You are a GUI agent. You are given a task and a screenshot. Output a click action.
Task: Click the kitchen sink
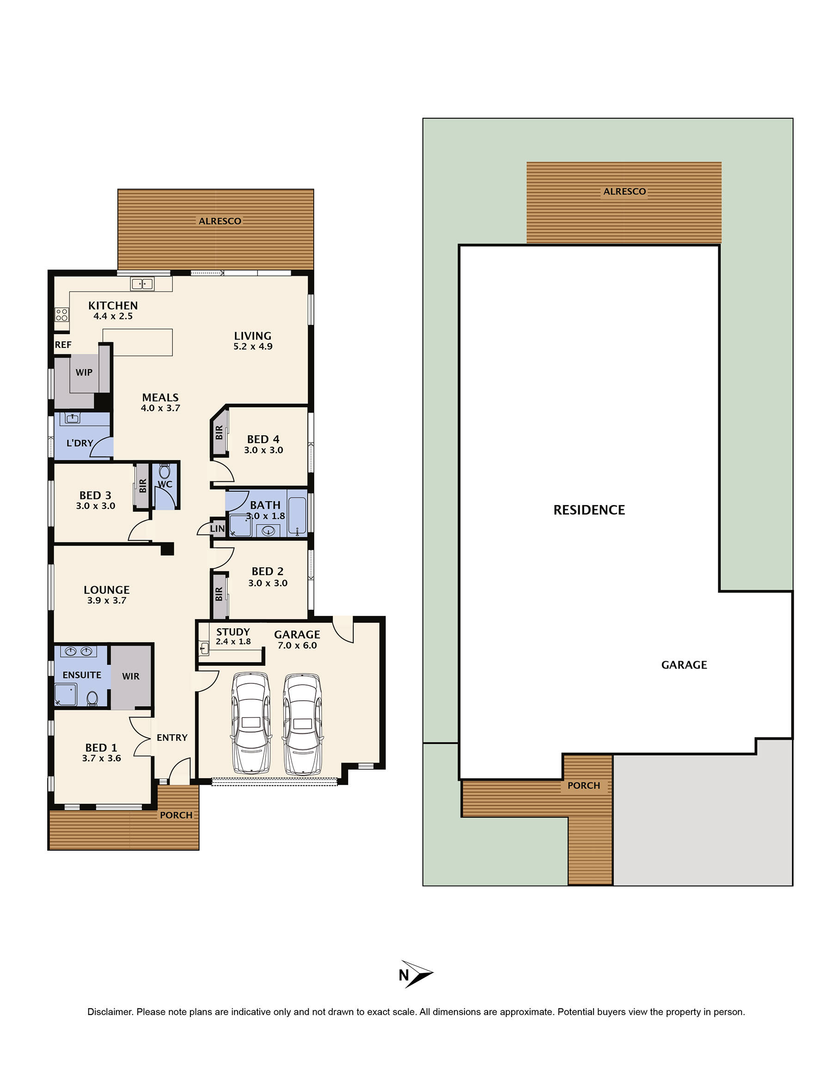(x=142, y=284)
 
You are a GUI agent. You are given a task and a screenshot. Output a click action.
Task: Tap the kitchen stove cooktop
(x=61, y=314)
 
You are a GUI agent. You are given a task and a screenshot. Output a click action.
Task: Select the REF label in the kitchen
(x=63, y=345)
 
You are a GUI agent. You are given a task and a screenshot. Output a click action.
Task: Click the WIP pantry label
(x=84, y=372)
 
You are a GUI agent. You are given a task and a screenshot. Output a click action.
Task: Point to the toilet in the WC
(x=165, y=472)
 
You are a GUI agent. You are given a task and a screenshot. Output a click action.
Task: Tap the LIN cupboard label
(x=217, y=529)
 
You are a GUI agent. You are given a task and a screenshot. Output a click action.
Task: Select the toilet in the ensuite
(x=92, y=698)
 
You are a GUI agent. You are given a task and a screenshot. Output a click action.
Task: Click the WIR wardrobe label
(x=131, y=676)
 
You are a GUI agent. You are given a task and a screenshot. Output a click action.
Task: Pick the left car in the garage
(x=251, y=722)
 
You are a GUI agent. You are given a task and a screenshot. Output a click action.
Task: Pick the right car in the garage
(x=302, y=723)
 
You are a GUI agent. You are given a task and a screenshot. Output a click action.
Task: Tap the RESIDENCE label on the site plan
(x=589, y=510)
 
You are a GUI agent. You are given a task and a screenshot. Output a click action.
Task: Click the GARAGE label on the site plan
(x=684, y=665)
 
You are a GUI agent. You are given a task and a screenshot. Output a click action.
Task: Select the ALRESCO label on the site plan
(x=624, y=192)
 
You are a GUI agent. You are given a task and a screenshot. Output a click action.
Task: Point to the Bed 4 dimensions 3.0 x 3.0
(x=263, y=450)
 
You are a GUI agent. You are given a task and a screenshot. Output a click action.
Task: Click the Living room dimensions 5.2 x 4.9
(x=253, y=347)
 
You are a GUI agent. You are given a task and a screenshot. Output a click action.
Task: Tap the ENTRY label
(x=172, y=737)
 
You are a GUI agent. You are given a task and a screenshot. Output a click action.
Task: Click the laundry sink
(x=73, y=418)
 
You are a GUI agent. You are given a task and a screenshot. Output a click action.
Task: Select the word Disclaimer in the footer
(x=110, y=1012)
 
